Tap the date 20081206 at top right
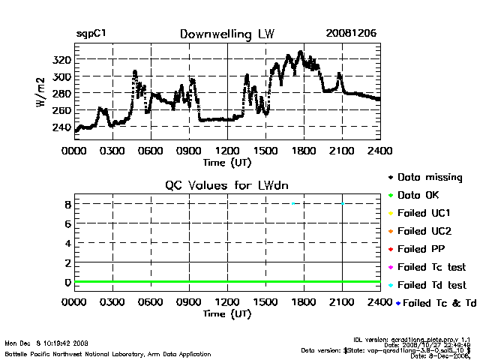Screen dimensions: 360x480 click(351, 34)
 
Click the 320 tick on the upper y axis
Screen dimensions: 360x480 click(62, 60)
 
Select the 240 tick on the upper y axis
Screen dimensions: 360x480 click(62, 127)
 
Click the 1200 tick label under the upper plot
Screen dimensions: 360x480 click(227, 151)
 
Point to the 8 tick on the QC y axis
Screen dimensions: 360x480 click(67, 204)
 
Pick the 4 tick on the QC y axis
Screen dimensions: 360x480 click(67, 243)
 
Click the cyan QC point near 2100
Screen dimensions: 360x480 click(343, 203)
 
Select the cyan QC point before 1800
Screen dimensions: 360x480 click(294, 203)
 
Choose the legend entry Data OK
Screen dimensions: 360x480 click(425, 195)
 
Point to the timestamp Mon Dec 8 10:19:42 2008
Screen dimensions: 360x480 click(46, 343)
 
